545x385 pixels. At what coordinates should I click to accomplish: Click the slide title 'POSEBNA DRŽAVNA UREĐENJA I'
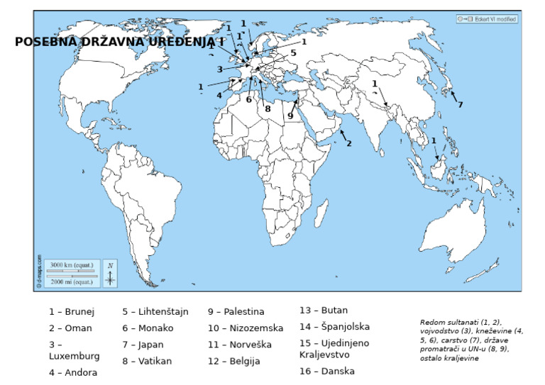point(119,43)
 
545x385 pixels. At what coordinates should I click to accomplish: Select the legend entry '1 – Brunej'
point(72,311)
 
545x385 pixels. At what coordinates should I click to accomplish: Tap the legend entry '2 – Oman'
point(70,328)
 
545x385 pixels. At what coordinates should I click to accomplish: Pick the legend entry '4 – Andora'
point(73,372)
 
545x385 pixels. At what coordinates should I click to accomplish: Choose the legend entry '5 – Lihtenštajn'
point(155,311)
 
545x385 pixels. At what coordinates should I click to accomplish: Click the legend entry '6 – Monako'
point(148,328)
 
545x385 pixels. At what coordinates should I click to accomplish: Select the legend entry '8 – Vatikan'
point(147,361)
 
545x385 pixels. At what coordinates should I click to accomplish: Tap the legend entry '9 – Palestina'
point(236,311)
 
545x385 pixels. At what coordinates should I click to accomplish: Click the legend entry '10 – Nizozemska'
point(246,328)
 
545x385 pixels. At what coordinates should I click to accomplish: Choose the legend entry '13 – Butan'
point(324,310)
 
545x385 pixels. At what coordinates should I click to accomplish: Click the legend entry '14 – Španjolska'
point(334,327)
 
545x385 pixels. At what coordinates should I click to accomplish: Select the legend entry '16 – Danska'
point(327,371)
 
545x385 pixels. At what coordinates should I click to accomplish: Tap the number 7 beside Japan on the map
point(460,105)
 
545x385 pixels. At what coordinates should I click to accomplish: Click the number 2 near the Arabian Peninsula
point(348,143)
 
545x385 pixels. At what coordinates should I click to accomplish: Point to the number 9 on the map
point(290,116)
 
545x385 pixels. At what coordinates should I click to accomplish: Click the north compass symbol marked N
point(110,274)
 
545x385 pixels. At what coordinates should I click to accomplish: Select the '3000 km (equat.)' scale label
point(71,265)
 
